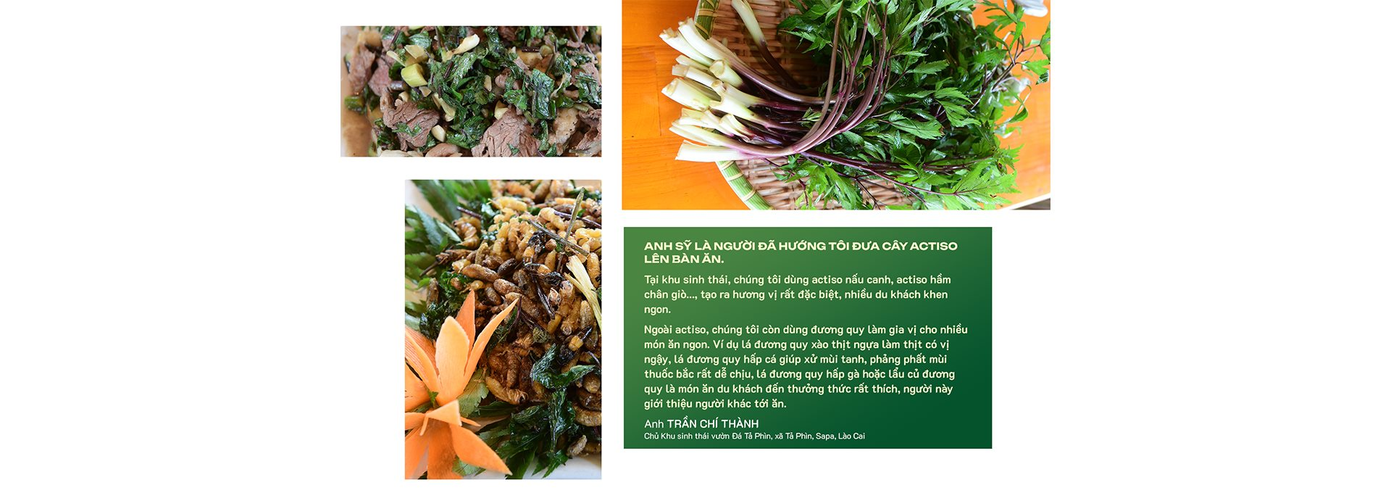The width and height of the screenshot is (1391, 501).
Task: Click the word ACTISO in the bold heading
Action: click(933, 247)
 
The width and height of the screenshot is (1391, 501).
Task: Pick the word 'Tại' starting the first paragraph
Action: click(651, 280)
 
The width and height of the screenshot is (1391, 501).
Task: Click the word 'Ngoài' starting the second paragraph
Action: click(658, 330)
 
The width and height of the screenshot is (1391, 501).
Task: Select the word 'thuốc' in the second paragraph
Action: click(659, 374)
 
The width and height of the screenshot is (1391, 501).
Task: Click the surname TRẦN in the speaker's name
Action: click(682, 423)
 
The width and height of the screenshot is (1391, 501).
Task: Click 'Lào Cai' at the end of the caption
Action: click(851, 436)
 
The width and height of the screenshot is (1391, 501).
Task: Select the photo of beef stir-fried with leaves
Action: click(471, 91)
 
